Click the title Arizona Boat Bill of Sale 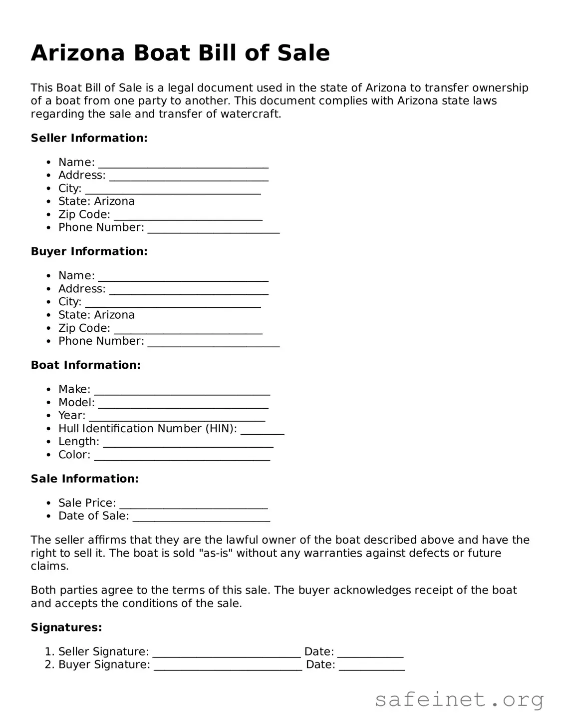click(180, 53)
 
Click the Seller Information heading click(89, 138)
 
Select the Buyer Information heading click(89, 251)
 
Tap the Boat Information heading click(85, 365)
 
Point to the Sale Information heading click(84, 479)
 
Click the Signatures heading click(66, 627)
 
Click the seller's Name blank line click(183, 164)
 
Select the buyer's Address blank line click(189, 290)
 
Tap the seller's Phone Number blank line click(214, 229)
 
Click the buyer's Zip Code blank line click(188, 330)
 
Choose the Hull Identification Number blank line click(263, 430)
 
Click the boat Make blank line click(182, 391)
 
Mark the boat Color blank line click(182, 456)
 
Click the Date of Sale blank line click(201, 518)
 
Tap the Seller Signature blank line click(227, 653)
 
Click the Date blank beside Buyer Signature click(372, 666)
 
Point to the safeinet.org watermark click(459, 700)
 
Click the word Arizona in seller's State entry click(114, 201)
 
